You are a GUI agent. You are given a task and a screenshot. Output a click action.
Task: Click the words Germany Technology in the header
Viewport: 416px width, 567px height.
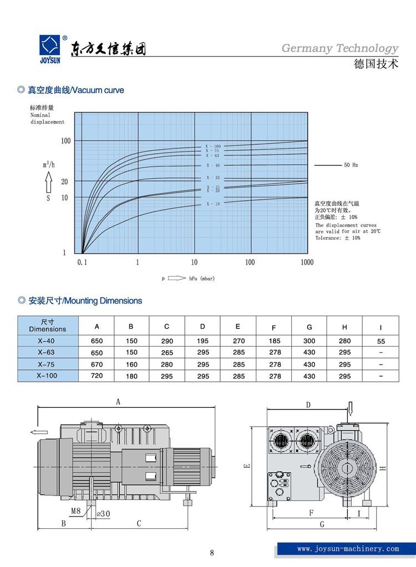[x=339, y=48]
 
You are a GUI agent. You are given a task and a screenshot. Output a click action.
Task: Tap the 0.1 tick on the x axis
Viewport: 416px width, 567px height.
[x=82, y=262]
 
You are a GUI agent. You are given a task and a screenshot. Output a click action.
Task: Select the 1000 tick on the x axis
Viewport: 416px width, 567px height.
[x=307, y=262]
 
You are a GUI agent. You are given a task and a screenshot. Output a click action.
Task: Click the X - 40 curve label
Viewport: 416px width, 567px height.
[x=214, y=165]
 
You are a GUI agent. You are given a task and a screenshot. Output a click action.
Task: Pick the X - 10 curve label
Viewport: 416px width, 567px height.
[x=214, y=204]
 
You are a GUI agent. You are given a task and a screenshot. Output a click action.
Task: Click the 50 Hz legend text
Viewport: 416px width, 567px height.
[x=351, y=165]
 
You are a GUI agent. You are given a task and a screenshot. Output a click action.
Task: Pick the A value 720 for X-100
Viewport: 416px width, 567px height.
[x=97, y=376]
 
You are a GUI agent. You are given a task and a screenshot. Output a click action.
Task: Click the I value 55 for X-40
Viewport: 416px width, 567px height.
[x=381, y=341]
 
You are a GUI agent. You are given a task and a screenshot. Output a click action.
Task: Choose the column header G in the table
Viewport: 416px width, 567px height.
[x=309, y=327]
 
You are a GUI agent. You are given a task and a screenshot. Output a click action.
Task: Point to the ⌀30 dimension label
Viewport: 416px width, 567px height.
[x=103, y=513]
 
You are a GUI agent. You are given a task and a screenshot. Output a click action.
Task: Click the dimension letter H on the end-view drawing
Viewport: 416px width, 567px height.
[x=383, y=468]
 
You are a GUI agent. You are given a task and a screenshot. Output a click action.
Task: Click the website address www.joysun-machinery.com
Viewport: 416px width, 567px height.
[x=348, y=549]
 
